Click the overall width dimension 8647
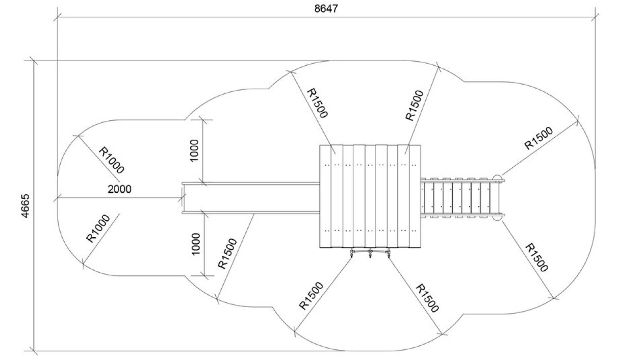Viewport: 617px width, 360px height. [x=326, y=9]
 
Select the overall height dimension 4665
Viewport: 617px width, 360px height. [x=25, y=206]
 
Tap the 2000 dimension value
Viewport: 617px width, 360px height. [x=119, y=189]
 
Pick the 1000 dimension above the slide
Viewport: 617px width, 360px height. [x=194, y=150]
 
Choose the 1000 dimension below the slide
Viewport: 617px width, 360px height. [x=195, y=244]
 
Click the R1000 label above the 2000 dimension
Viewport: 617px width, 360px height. [x=111, y=160]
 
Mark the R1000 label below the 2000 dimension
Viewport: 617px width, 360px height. [x=98, y=228]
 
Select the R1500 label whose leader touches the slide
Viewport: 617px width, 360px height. [x=227, y=253]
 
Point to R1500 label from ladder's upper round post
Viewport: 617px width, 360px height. [x=538, y=138]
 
